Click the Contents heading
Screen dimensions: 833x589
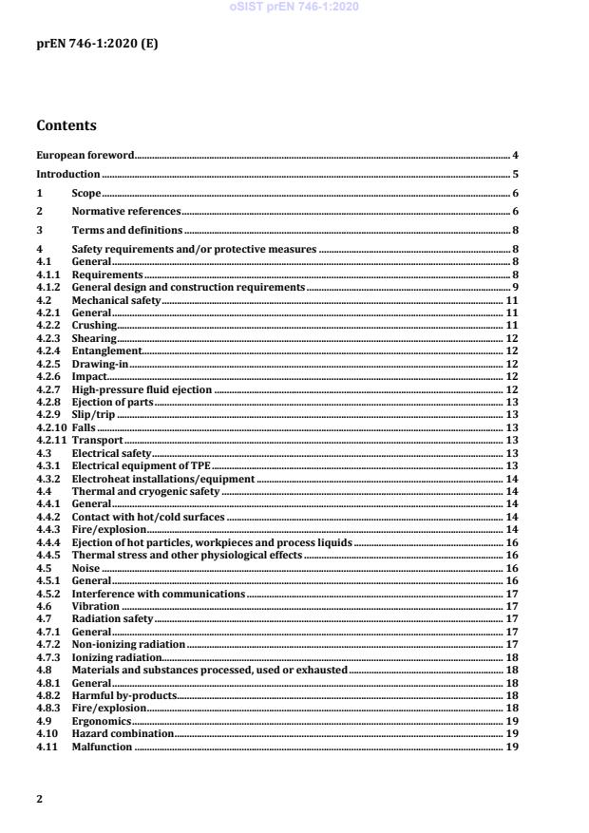point(66,125)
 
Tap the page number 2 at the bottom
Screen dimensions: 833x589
point(39,798)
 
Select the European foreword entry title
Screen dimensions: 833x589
point(85,154)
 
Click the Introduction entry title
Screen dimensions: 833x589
point(68,174)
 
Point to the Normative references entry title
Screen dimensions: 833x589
point(126,212)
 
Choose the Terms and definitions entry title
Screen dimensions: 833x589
point(127,231)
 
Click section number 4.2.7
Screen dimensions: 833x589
point(48,389)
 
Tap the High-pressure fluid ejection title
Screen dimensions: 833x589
point(142,389)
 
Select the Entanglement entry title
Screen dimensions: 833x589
point(106,350)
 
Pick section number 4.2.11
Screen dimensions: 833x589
point(51,441)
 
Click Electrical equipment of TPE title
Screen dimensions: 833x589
point(141,466)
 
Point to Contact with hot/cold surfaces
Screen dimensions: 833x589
point(148,518)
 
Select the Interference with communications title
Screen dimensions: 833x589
point(159,594)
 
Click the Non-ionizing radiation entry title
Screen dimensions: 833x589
point(127,644)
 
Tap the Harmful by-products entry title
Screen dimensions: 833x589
point(124,695)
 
